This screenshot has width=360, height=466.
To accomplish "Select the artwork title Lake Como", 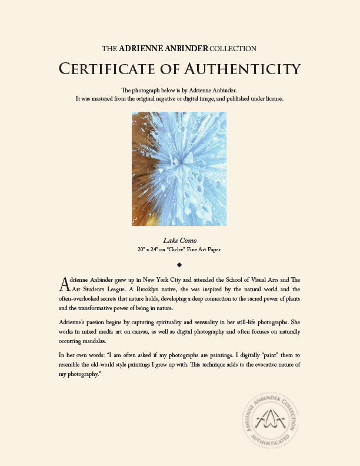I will pyautogui.click(x=180, y=240).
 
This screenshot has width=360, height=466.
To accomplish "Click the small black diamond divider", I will pyautogui.click(x=179, y=264).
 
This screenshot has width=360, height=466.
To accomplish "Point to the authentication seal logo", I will pyautogui.click(x=269, y=421).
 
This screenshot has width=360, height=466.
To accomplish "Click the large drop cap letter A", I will pyautogui.click(x=65, y=284).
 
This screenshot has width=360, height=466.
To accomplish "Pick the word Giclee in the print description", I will pyautogui.click(x=182, y=249).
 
